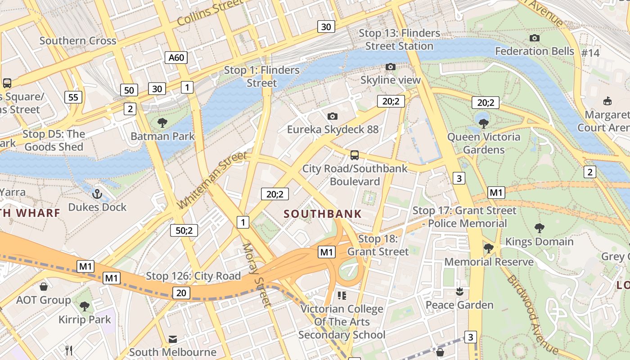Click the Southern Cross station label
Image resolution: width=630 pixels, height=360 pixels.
[x=78, y=40]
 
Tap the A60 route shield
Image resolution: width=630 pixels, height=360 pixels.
[x=176, y=57]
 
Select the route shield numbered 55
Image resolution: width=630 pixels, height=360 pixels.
[x=73, y=97]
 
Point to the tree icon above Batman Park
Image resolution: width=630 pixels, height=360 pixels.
[x=162, y=122]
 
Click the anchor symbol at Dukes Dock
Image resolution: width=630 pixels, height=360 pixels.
[x=97, y=194]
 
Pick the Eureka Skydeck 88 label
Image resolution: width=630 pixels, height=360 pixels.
[x=333, y=130]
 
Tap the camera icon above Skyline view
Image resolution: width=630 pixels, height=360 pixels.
[x=391, y=67]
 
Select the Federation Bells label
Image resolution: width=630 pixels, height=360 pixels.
[x=535, y=51]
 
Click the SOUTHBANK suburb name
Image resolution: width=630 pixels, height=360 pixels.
[x=323, y=214]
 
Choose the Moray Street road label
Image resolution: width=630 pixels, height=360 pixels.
[x=257, y=275]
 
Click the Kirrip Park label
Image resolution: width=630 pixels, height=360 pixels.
[x=85, y=319]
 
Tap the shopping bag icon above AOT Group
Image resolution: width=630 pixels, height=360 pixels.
[x=44, y=287]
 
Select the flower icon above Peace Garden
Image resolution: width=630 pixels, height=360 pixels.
[x=459, y=292]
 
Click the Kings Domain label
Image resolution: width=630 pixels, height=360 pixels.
[x=539, y=242]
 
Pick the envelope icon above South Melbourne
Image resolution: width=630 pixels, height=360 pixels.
[x=173, y=339]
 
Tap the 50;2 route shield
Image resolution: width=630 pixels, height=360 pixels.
[x=184, y=230]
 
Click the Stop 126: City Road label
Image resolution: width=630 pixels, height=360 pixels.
[x=193, y=276]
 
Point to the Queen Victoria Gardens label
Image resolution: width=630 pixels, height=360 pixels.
[x=484, y=143]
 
